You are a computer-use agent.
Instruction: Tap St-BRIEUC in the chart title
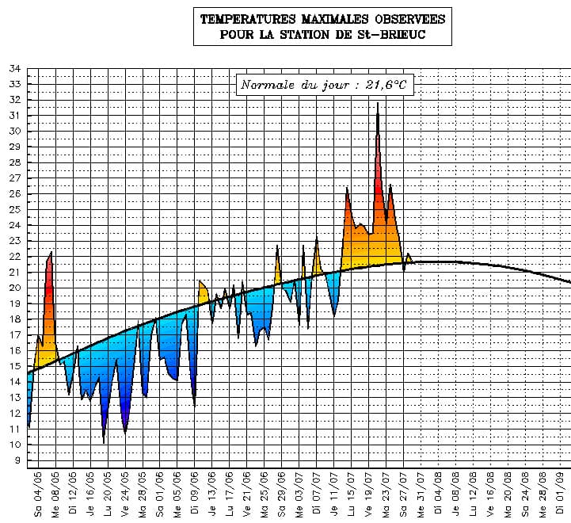click(x=405, y=34)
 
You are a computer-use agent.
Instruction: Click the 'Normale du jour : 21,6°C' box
click(x=324, y=85)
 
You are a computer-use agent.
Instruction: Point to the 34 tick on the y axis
click(x=15, y=68)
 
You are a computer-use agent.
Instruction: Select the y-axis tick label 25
click(x=15, y=209)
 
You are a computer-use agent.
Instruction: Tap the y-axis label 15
click(x=15, y=366)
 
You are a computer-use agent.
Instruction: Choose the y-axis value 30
click(x=15, y=131)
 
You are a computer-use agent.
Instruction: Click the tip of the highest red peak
click(x=378, y=103)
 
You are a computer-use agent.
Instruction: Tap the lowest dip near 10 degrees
click(x=104, y=442)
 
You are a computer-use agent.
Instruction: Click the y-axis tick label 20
click(x=15, y=288)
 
